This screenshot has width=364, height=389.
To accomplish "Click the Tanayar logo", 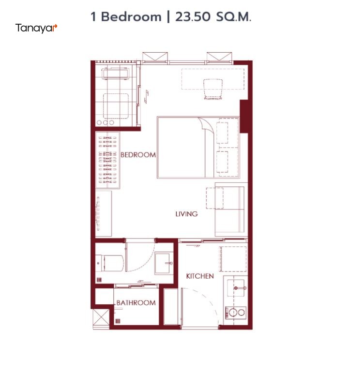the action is coord(36,28).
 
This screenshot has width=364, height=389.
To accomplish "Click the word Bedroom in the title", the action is coord(131,17).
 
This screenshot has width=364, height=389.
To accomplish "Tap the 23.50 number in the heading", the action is coord(193,17).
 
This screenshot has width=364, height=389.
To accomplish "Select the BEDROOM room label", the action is coord(138,155).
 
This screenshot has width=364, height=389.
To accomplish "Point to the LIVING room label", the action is coord(186,214).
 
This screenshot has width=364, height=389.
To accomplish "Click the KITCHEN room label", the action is coord(200,276).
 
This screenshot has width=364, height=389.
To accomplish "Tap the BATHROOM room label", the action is coord(136,303).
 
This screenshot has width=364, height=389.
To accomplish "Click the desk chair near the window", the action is coord(213,89).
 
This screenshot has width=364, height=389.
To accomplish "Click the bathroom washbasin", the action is coord(164,263).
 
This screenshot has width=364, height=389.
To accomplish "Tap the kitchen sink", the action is coord(236,288).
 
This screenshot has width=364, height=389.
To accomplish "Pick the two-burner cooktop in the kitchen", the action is coord(236,313).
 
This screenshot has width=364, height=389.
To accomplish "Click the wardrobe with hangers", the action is coord(107,160).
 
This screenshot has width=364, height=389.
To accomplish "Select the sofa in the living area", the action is coord(231,209).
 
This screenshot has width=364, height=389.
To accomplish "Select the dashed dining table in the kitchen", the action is coord(233,259).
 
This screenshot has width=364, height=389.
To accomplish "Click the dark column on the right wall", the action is coord(244,116).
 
